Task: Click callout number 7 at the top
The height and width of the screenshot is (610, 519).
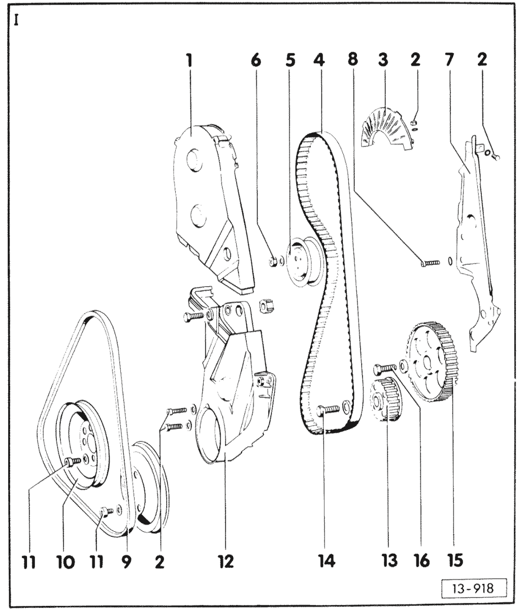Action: pos(449,59)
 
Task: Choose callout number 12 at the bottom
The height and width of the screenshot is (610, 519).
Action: pos(225,561)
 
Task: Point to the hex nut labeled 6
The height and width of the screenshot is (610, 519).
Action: pos(272,261)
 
